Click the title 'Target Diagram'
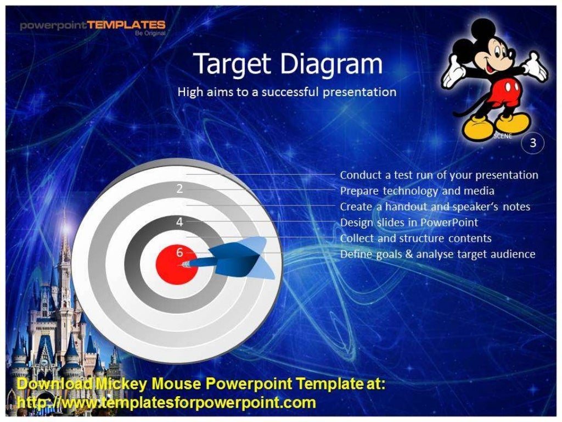[x=288, y=64]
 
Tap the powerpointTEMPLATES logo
[x=92, y=25]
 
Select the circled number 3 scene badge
[x=532, y=143]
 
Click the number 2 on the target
[x=179, y=189]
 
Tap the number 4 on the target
[x=179, y=222]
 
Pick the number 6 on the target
[x=179, y=253]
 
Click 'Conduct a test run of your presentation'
[x=439, y=175]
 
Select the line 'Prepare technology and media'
[x=417, y=191]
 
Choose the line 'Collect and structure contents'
[x=415, y=238]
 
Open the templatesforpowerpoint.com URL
[x=166, y=402]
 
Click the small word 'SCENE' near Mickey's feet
[x=502, y=136]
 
